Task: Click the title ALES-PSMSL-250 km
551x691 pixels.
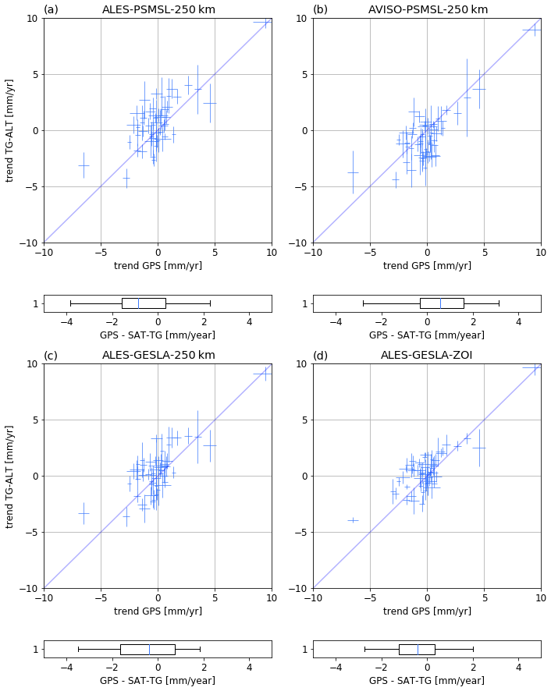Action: coord(158,9)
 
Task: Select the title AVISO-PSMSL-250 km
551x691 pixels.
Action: coord(428,9)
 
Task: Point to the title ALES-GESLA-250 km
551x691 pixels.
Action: coord(158,356)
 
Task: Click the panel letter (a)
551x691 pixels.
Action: coord(51,9)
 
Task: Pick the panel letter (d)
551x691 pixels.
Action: coord(320,356)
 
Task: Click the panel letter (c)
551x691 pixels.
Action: coord(51,356)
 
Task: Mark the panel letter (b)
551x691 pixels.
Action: coord(320,9)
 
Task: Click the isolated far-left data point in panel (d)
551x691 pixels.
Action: coord(353,520)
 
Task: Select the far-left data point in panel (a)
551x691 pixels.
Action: coord(84,165)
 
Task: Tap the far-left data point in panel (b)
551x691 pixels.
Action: coord(353,172)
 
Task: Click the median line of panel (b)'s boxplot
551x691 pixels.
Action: coord(440,303)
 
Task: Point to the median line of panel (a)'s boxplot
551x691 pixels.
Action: coord(138,303)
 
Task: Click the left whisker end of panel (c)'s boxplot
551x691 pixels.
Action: coord(78,649)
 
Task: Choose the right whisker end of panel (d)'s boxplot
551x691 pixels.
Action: coord(473,649)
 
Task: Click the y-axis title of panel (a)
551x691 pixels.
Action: coord(10,130)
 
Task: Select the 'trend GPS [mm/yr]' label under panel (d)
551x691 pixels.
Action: coord(427,611)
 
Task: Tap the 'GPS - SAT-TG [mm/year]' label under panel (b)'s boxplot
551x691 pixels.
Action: coord(427,335)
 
